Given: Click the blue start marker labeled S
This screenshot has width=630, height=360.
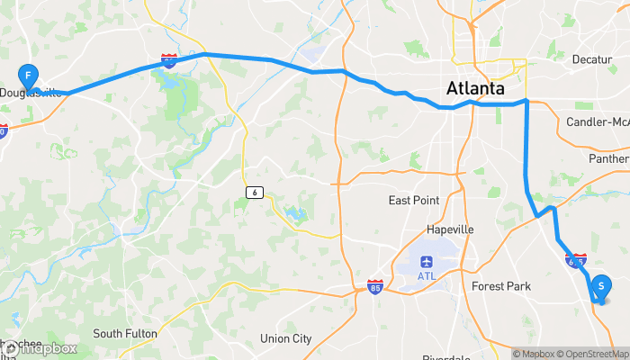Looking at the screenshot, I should tap(600, 286).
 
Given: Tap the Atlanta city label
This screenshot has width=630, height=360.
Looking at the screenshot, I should tap(474, 89).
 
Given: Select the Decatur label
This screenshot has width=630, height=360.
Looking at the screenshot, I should tap(591, 59).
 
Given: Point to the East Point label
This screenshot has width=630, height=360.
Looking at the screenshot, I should tap(414, 200).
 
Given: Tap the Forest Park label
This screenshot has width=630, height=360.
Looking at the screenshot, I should tap(501, 286).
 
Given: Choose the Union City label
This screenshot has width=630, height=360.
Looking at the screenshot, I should tap(285, 339).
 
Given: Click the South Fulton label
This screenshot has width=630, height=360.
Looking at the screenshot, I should tap(125, 334).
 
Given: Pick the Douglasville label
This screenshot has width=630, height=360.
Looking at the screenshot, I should tap(31, 93).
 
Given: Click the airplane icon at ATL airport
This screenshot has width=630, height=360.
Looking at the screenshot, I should tap(426, 261).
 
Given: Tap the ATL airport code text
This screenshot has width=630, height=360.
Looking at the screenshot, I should tap(426, 275).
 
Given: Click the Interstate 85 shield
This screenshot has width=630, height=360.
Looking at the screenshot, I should tap(374, 288).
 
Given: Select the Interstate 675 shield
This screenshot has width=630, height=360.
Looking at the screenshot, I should tap(576, 260).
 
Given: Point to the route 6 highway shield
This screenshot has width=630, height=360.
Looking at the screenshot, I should tap(256, 191).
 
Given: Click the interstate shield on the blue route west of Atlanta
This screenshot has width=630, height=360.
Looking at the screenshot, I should tap(169, 60).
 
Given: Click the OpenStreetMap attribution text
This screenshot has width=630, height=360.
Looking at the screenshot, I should tap(595, 354).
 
